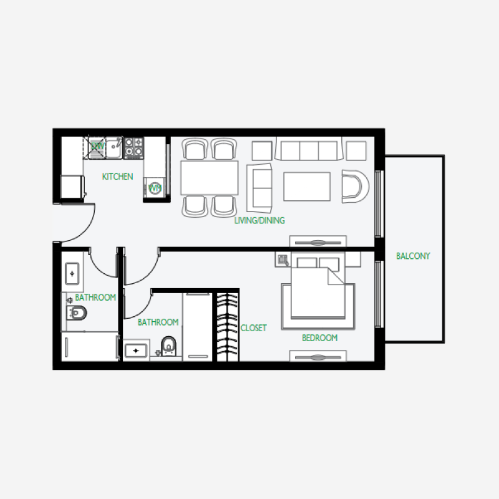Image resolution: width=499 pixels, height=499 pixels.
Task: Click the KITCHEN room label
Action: (117, 177)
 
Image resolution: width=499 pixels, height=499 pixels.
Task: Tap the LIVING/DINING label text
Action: (259, 220)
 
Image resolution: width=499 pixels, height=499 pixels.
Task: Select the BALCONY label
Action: (413, 256)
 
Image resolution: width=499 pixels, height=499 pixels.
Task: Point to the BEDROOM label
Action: (319, 338)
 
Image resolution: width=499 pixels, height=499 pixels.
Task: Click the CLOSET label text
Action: (253, 327)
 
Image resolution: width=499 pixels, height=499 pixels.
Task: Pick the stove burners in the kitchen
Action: (133, 147)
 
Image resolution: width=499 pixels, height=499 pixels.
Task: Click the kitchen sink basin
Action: (114, 148)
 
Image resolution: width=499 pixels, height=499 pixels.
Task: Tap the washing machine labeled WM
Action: (155, 188)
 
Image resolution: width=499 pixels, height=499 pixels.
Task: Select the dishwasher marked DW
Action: (97, 147)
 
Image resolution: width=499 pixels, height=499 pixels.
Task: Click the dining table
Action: (210, 178)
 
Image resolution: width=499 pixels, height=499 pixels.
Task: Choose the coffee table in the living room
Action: (307, 187)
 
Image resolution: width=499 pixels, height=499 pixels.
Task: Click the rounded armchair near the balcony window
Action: (354, 186)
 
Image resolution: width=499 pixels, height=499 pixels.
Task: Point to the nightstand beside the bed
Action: (283, 260)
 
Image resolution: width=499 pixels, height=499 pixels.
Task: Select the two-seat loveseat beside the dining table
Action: (259, 187)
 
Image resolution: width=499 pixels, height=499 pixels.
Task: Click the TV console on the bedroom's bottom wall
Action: (318, 356)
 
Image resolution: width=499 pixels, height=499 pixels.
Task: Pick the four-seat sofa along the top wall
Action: (309, 150)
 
